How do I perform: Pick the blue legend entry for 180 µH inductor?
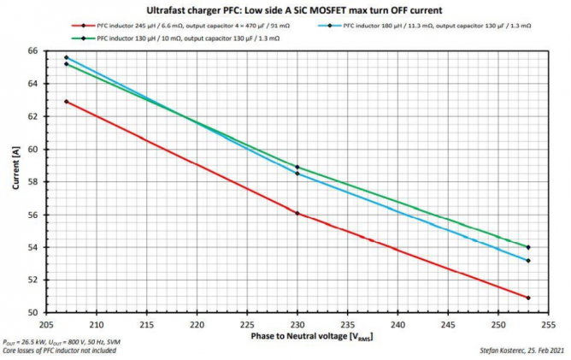pyautogui.click(x=437, y=27)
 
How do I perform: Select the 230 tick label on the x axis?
pyautogui.click(x=297, y=324)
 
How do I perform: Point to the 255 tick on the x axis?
pyautogui.click(x=548, y=324)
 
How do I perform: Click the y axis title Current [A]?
pyautogui.click(x=15, y=182)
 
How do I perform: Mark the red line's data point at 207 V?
pyautogui.click(x=67, y=102)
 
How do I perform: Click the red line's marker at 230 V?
pyautogui.click(x=297, y=213)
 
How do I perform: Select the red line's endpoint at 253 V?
pyautogui.click(x=529, y=298)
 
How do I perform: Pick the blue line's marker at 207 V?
pyautogui.click(x=67, y=57)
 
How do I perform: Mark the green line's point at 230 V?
pyautogui.click(x=297, y=167)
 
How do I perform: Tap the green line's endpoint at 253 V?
pyautogui.click(x=529, y=247)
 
